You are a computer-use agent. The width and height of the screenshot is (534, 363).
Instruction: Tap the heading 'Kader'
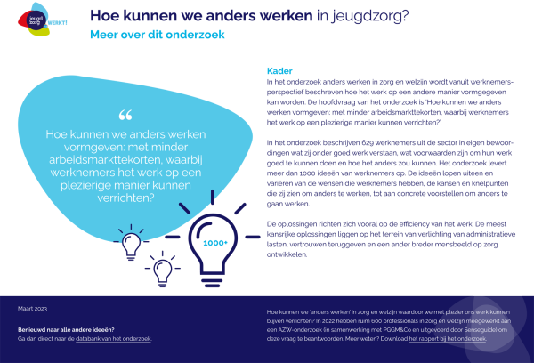click(x=277, y=69)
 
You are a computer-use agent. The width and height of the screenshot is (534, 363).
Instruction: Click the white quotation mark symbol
click(x=125, y=115)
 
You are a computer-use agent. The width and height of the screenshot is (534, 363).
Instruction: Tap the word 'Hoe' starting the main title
click(x=103, y=15)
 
